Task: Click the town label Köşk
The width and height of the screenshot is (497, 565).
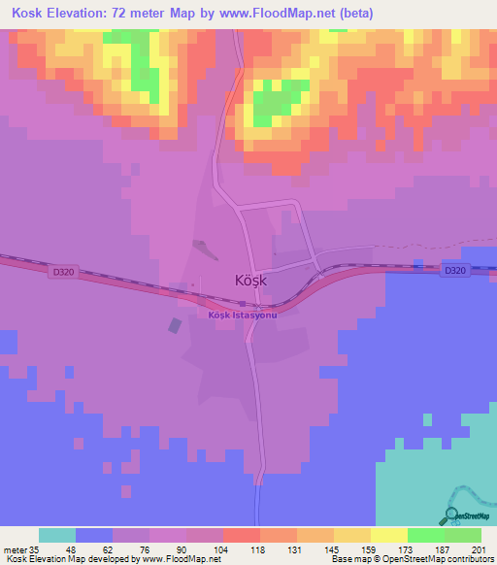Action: coord(250,281)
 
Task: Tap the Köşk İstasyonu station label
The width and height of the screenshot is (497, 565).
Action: coord(242,314)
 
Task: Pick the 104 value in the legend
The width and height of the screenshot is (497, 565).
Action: coord(222,548)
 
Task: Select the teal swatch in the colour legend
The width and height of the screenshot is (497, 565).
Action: coord(57,535)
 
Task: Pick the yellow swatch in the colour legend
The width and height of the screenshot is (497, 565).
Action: coord(388,535)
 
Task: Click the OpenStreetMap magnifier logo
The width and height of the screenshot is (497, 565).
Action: coord(452,516)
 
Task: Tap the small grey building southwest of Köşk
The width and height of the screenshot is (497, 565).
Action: coord(176,326)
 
